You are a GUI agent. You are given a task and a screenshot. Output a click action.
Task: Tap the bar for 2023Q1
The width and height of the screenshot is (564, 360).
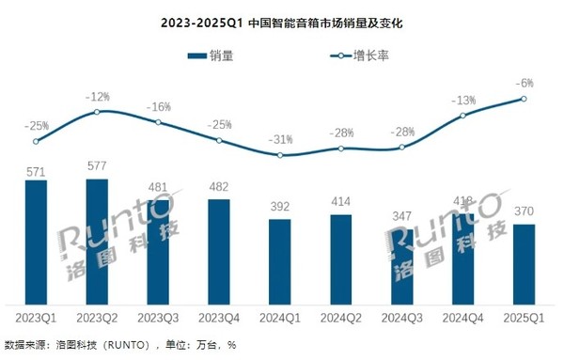pos(36,241)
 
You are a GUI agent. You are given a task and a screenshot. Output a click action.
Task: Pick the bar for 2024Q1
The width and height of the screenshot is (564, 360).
pos(279,259)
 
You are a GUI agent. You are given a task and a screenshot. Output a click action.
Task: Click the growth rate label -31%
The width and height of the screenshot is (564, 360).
pos(279,139)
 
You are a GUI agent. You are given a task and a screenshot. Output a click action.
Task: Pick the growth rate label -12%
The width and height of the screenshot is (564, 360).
pos(97,96)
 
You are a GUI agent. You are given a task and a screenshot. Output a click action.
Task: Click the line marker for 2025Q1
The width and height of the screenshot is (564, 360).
pos(524,99)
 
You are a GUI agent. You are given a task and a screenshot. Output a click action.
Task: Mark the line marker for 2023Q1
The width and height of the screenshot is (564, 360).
pos(36,142)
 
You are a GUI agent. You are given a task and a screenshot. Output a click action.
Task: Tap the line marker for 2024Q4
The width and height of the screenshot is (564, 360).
pos(462,116)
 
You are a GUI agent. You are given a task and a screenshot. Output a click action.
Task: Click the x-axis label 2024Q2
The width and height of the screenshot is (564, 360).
pos(340,320)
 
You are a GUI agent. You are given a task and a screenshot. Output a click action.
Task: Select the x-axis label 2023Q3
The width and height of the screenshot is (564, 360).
pos(158,320)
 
